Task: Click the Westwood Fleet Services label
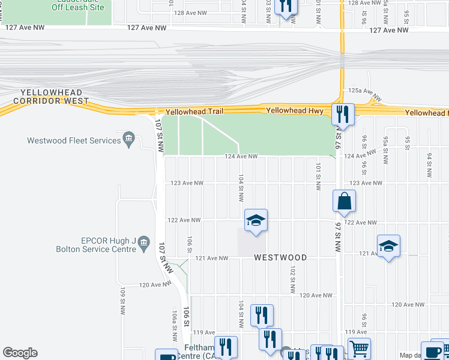click(x=74, y=140)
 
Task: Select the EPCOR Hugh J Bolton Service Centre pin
click(x=143, y=244)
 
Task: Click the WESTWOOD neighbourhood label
click(x=280, y=257)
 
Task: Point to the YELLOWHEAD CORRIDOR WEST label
click(x=55, y=97)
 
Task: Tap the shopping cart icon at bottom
click(x=359, y=348)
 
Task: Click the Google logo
click(x=20, y=353)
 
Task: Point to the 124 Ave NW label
click(x=241, y=157)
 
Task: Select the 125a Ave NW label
click(x=365, y=95)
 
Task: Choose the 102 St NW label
click(x=292, y=279)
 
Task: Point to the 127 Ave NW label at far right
click(x=389, y=30)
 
